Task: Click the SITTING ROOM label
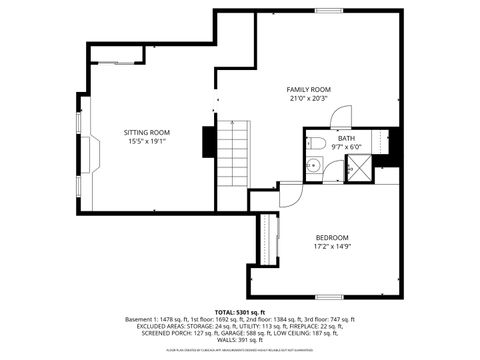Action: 147,132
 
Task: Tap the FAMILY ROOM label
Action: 309,90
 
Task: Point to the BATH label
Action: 345,138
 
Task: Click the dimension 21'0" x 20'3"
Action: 309,99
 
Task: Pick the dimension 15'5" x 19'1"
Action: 147,141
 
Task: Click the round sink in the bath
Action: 313,166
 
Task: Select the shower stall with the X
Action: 357,169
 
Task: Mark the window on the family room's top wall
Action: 329,11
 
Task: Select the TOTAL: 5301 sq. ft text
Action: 240,311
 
